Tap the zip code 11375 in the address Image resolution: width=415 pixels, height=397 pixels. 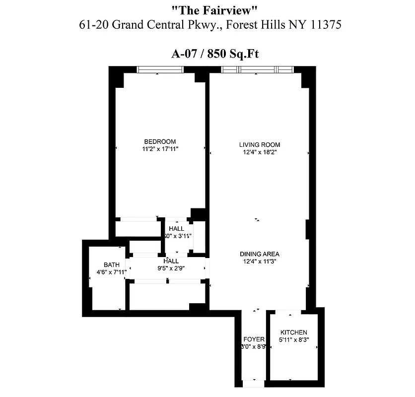pyautogui.click(x=323, y=25)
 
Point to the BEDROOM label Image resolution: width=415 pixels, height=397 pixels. pyautogui.click(x=160, y=141)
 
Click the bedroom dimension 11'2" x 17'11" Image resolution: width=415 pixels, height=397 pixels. pyautogui.click(x=160, y=148)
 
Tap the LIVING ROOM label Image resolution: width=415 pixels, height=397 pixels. pyautogui.click(x=256, y=145)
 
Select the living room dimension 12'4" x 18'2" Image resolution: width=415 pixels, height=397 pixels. pyautogui.click(x=256, y=152)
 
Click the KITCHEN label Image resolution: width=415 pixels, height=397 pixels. pyautogui.click(x=294, y=332)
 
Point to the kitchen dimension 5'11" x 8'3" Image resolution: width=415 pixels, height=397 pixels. pyautogui.click(x=294, y=340)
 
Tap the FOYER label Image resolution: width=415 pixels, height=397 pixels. pyautogui.click(x=254, y=339)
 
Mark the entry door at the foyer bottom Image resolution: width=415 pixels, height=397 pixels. pyautogui.click(x=253, y=383)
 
